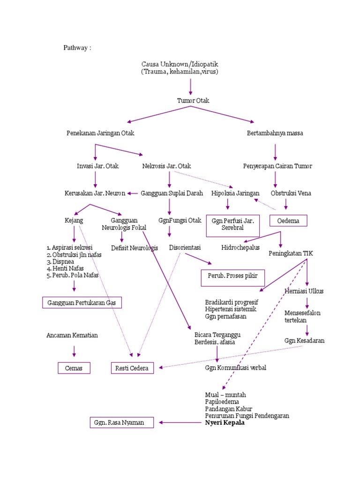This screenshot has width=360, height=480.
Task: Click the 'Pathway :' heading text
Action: pyautogui.click(x=77, y=47)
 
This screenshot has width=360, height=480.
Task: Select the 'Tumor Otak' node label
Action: pyautogui.click(x=193, y=101)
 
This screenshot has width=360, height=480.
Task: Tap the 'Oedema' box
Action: pyautogui.click(x=288, y=220)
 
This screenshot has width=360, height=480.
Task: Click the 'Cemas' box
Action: pyautogui.click(x=74, y=368)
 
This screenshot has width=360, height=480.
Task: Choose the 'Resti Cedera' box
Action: pyautogui.click(x=132, y=368)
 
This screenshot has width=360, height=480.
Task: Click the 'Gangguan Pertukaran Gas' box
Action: pyautogui.click(x=82, y=303)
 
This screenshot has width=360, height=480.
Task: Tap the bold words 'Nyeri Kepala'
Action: pyautogui.click(x=225, y=423)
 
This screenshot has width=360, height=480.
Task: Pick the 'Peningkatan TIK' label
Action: pyautogui.click(x=291, y=253)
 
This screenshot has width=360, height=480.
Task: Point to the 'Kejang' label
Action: pyautogui.click(x=74, y=220)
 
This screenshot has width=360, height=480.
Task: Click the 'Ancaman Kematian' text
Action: pyautogui.click(x=72, y=336)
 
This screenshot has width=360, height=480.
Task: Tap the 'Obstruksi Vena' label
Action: pyautogui.click(x=291, y=193)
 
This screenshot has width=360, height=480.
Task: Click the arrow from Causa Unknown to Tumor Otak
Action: pyautogui.click(x=190, y=87)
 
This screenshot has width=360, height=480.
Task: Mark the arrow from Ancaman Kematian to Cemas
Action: pyautogui.click(x=74, y=351)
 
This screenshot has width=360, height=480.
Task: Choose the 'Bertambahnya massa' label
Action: pyautogui.click(x=275, y=133)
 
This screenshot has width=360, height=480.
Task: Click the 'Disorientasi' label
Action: pyautogui.click(x=185, y=247)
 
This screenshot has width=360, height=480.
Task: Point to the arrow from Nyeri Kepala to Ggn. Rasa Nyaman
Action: pyautogui.click(x=180, y=423)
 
